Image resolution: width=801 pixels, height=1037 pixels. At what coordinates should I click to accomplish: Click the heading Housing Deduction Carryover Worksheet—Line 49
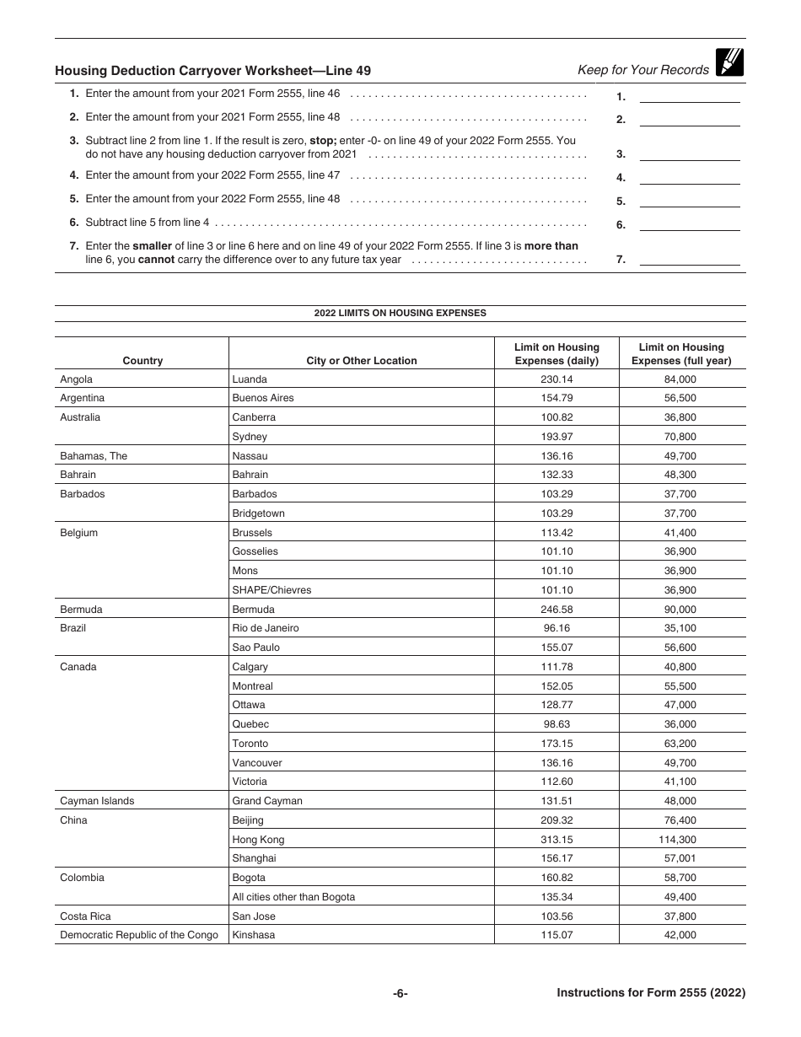pyautogui.click(x=212, y=72)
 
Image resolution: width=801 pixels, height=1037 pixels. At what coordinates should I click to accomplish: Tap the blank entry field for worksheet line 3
pyautogui.click(x=689, y=154)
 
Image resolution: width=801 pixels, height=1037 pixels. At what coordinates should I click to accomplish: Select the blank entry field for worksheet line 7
pyautogui.click(x=689, y=260)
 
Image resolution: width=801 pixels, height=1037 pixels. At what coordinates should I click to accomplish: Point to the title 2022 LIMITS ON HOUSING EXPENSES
pyautogui.click(x=400, y=313)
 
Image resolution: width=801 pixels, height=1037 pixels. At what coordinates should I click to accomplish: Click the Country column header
pyautogui.click(x=142, y=361)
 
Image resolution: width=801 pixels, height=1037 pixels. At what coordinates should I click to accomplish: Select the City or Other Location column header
pyautogui.click(x=361, y=361)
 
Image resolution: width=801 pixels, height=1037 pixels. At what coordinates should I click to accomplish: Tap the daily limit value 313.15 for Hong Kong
pyautogui.click(x=556, y=840)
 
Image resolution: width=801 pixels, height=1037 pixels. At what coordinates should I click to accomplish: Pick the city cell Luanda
pyautogui.click(x=250, y=379)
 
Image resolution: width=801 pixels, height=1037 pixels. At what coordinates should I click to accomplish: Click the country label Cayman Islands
pyautogui.click(x=97, y=801)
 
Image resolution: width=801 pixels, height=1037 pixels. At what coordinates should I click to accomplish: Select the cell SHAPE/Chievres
pyautogui.click(x=271, y=590)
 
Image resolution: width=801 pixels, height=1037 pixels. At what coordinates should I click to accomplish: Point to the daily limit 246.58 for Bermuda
pyautogui.click(x=556, y=610)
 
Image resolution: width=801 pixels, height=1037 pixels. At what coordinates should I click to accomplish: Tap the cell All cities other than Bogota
pyautogui.click(x=293, y=897)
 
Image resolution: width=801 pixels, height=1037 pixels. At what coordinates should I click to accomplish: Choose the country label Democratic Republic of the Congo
pyautogui.click(x=139, y=935)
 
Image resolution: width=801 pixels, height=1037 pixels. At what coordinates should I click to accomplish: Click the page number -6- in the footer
pyautogui.click(x=400, y=993)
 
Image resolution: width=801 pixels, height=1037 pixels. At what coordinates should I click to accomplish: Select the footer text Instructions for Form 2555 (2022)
pyautogui.click(x=651, y=993)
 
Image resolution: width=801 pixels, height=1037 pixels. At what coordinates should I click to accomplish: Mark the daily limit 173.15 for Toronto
pyautogui.click(x=556, y=744)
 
